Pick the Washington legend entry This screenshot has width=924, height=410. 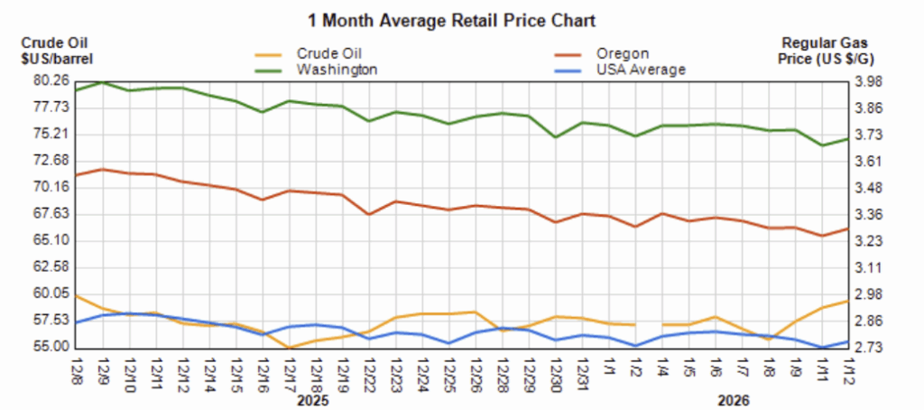coord(337,69)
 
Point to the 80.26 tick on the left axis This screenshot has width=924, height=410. coord(51,81)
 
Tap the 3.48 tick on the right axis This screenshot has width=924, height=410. coord(870,188)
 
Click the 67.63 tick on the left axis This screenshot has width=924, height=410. coord(51,214)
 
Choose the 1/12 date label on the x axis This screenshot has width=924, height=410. coord(846,369)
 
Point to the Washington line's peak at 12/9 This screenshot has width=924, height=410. coord(102,81)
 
